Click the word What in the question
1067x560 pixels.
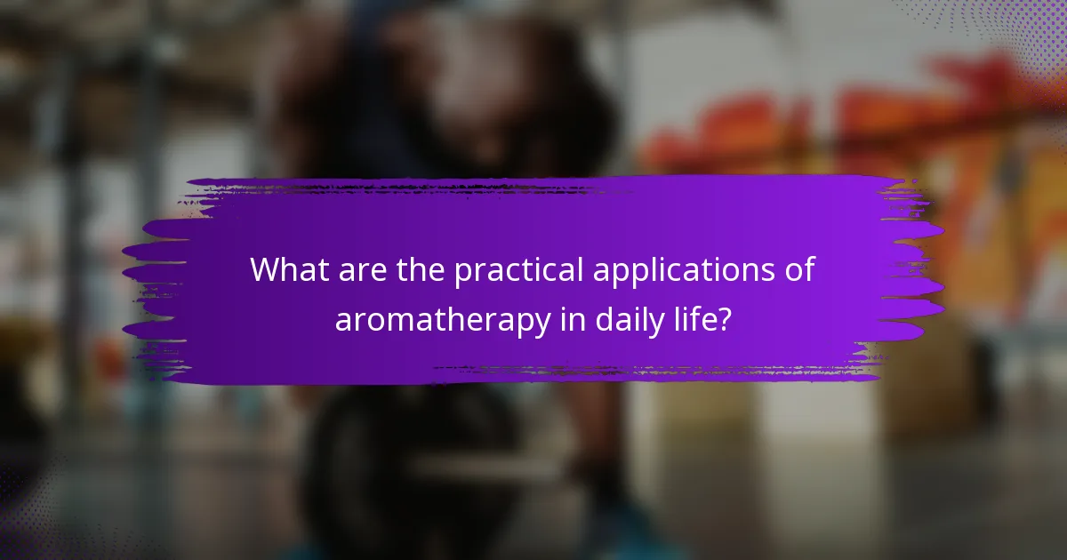(286, 270)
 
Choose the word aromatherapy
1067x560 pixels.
(442, 321)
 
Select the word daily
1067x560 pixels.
(632, 320)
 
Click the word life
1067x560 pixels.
(698, 319)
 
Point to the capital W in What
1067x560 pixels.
(267, 270)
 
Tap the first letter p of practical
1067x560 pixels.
(462, 274)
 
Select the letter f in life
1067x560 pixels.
(700, 319)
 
